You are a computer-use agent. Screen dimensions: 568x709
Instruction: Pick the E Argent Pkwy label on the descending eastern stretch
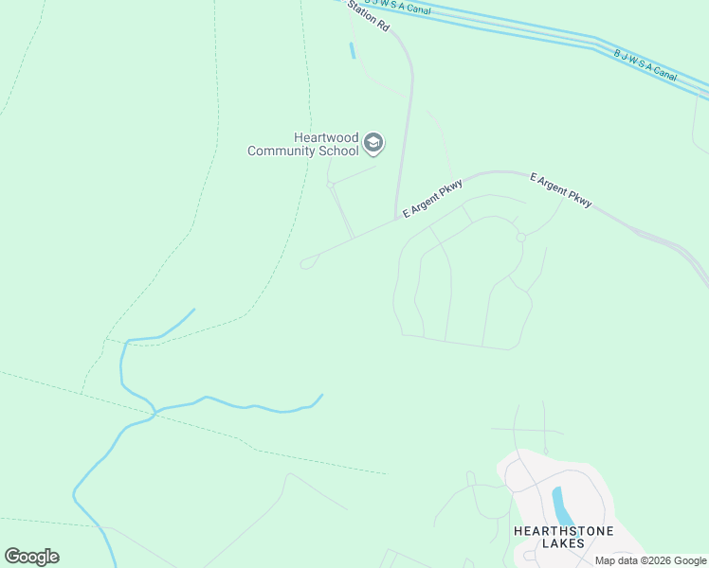coord(561,189)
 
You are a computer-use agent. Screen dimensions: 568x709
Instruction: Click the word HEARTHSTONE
coord(563,531)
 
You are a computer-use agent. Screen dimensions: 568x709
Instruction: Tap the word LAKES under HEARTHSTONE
coord(563,543)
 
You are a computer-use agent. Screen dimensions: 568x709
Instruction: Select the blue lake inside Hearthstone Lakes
coord(561,506)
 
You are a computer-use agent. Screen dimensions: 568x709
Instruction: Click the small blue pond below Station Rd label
coord(353,50)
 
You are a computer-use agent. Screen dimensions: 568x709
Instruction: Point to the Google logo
coord(31,557)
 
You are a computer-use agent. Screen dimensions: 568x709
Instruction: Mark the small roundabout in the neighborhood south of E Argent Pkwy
coord(520,237)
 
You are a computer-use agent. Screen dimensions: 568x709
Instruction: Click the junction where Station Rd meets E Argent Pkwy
coord(395,220)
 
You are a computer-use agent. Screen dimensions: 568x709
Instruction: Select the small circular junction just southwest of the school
coord(331,186)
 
